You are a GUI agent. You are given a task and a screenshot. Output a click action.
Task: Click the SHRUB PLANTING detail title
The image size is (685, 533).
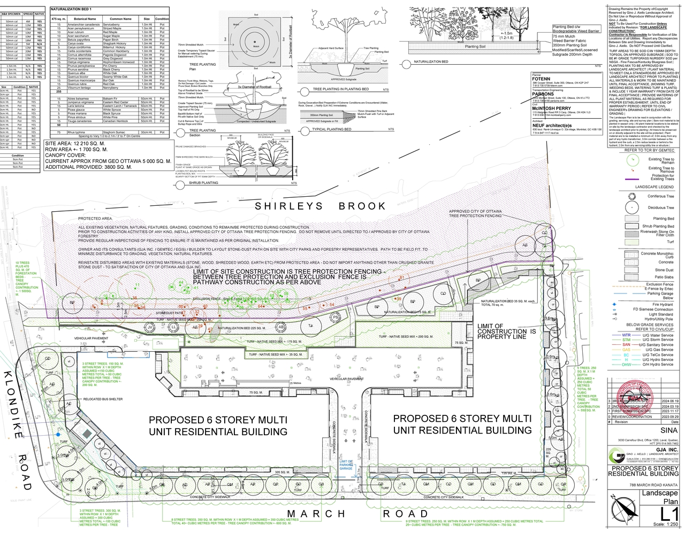(203, 183)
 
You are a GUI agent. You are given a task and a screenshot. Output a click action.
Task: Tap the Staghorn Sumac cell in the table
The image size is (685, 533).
(114, 132)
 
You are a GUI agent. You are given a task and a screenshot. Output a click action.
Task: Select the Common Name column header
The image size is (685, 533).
(120, 19)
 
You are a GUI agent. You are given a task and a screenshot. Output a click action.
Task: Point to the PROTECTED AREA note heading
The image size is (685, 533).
(95, 219)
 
